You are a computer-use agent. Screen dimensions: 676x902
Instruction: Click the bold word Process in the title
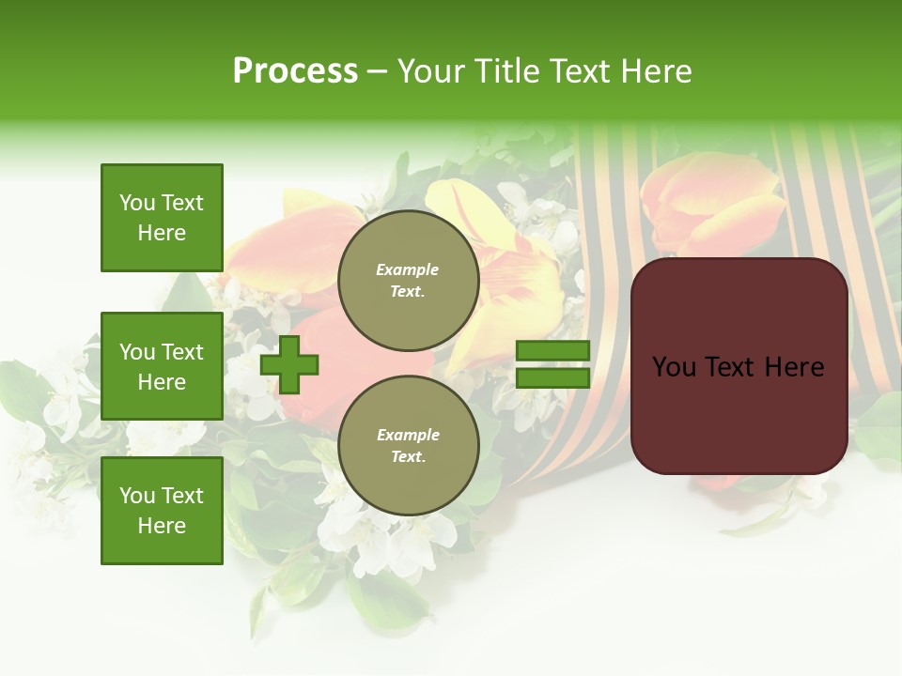pyautogui.click(x=295, y=71)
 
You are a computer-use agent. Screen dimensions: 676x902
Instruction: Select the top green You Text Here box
pyautogui.click(x=162, y=218)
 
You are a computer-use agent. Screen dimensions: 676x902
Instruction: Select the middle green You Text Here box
pyautogui.click(x=162, y=366)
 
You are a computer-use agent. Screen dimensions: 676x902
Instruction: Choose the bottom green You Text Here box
pyautogui.click(x=162, y=511)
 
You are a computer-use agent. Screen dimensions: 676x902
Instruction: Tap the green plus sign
pyautogui.click(x=289, y=364)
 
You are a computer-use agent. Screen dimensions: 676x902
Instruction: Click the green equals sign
pyautogui.click(x=552, y=364)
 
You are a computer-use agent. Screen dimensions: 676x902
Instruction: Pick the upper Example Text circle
pyautogui.click(x=408, y=281)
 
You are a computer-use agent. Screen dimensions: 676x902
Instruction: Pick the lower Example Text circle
pyautogui.click(x=408, y=446)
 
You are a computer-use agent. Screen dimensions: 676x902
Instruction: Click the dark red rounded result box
pyautogui.click(x=739, y=366)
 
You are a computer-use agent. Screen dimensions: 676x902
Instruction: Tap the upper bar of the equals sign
pyautogui.click(x=552, y=351)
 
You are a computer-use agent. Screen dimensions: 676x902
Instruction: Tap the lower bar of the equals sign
pyautogui.click(x=552, y=377)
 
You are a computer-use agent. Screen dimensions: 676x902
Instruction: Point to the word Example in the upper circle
pyautogui.click(x=408, y=270)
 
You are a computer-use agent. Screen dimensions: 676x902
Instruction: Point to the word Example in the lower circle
pyautogui.click(x=408, y=436)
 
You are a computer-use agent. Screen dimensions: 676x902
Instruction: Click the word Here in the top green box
pyautogui.click(x=162, y=233)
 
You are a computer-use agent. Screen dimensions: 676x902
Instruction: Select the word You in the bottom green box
pyautogui.click(x=137, y=496)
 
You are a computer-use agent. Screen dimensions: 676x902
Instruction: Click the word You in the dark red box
pyautogui.click(x=674, y=367)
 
